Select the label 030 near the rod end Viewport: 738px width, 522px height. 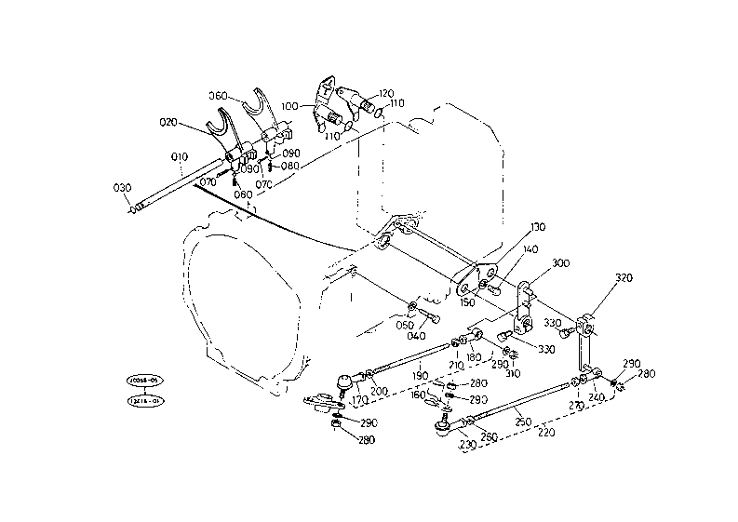tap(123, 188)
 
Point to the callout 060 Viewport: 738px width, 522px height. tap(219, 95)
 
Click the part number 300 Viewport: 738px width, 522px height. tap(559, 263)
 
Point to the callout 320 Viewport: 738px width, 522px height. tap(624, 278)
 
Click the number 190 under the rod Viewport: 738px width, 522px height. tap(421, 377)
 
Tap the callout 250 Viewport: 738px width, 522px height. tap(523, 422)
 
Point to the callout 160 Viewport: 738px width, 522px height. tap(418, 395)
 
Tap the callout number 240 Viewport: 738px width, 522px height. tap(597, 395)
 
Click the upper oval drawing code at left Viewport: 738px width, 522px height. tap(144, 381)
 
